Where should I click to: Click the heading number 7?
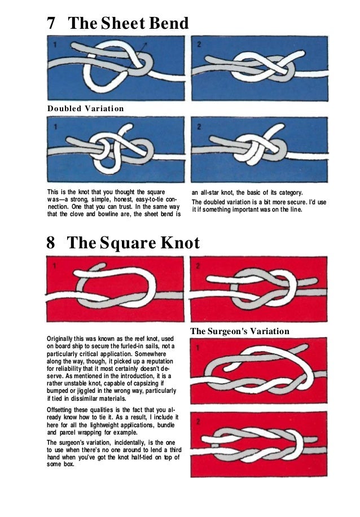(x=51, y=24)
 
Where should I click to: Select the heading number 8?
(x=51, y=244)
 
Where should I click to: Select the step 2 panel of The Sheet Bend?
(x=259, y=68)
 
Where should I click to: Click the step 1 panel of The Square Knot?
(x=115, y=289)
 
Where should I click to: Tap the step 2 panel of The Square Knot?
(x=258, y=289)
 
